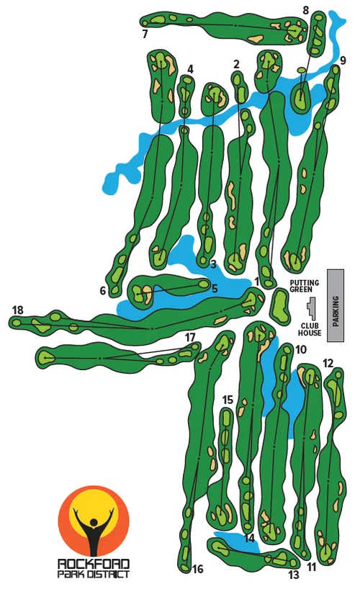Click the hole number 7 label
click(145, 34)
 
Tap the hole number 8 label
click(306, 10)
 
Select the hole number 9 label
click(343, 60)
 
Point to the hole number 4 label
click(190, 69)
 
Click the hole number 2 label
click(236, 64)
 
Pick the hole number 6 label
click(103, 291)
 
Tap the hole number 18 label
click(18, 310)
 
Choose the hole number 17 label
click(190, 337)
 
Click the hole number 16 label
click(198, 569)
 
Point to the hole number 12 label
click(328, 363)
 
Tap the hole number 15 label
click(228, 400)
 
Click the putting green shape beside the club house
click(280, 305)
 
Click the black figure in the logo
click(94, 530)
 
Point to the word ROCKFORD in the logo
click(94, 565)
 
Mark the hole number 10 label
click(301, 350)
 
